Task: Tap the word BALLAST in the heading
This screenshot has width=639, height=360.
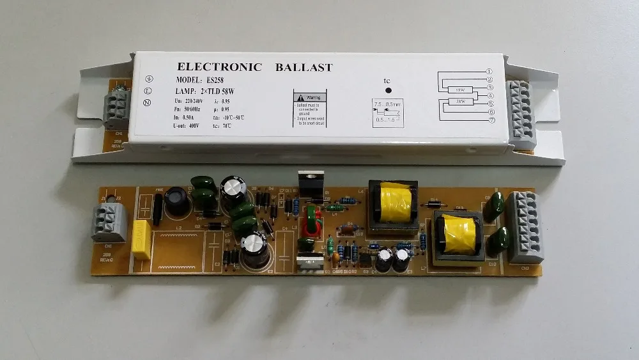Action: click(305, 67)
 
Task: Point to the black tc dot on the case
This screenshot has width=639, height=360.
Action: click(387, 92)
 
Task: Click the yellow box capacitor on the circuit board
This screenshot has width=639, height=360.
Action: click(141, 240)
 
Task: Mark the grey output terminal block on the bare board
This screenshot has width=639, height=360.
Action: click(525, 227)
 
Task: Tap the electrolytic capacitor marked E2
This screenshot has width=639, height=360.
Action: click(255, 249)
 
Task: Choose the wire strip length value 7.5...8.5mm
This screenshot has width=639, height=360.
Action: click(388, 104)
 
